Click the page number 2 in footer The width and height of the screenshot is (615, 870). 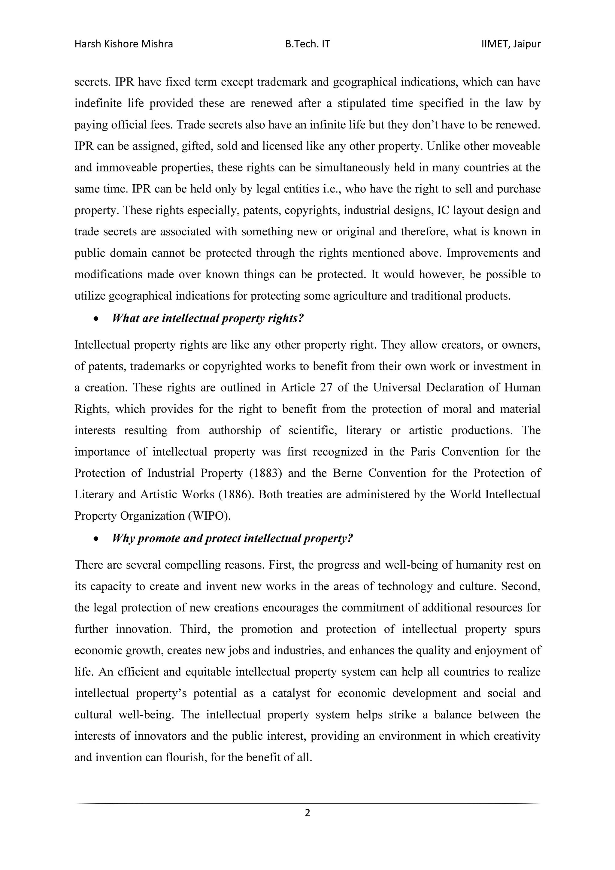pos(307,812)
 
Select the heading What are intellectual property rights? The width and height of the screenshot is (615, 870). pos(208,318)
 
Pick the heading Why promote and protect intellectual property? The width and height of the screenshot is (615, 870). pos(233,539)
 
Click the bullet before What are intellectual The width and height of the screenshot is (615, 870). pos(96,319)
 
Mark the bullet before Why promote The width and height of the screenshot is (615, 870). pos(96,539)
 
